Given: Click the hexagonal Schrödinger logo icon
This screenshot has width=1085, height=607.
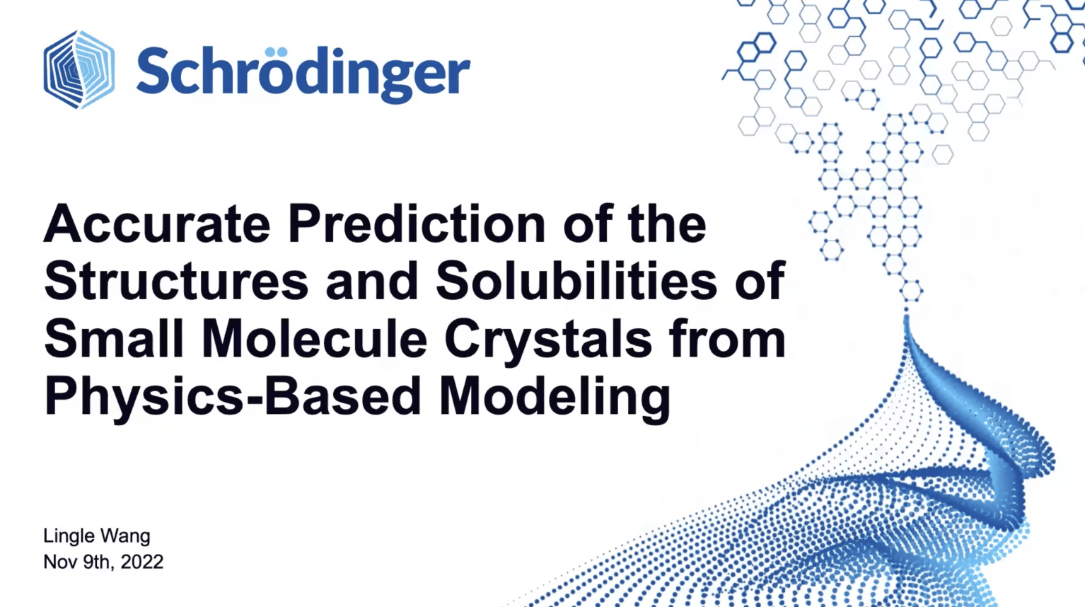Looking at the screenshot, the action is (x=79, y=69).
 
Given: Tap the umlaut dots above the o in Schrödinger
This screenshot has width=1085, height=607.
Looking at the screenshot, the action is (x=277, y=52).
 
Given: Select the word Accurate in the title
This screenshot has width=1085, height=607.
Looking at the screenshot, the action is (x=157, y=225).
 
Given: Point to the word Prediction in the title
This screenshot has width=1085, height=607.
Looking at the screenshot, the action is (x=417, y=225).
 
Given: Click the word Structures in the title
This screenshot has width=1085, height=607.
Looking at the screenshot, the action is (x=176, y=282).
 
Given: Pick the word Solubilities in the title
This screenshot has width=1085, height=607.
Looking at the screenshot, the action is (x=576, y=281).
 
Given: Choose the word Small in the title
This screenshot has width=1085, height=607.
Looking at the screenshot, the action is (x=114, y=339).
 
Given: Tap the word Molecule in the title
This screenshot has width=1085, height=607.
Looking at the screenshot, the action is (x=315, y=339).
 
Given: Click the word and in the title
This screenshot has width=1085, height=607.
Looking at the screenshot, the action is (x=372, y=282).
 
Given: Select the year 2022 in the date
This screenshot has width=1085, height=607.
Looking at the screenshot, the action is (x=142, y=562).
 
